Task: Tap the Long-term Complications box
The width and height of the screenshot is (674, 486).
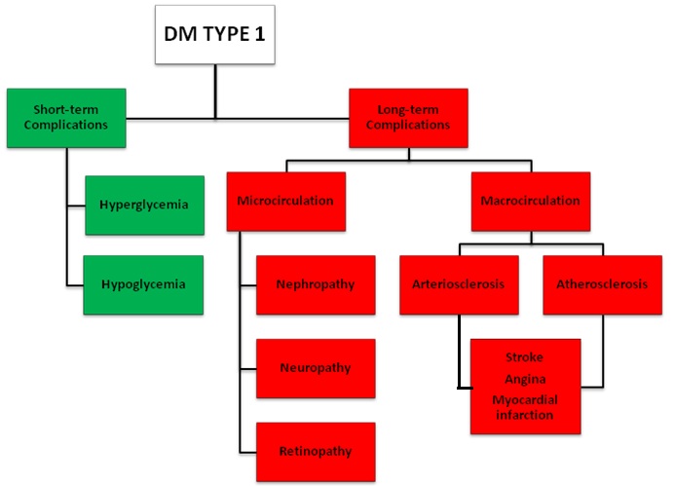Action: point(408,117)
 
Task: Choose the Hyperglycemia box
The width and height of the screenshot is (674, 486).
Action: point(144,206)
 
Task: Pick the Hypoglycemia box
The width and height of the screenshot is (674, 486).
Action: point(144,284)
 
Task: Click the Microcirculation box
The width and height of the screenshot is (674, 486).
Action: point(285,201)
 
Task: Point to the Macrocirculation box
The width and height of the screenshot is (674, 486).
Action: point(530,201)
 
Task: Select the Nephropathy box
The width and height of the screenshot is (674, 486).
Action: point(316,284)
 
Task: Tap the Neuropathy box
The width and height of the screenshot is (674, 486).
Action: point(316,368)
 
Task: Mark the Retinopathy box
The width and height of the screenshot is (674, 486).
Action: point(316,451)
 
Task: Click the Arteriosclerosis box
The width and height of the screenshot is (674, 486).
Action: point(458,284)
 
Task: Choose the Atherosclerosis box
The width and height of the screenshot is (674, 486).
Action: point(602,284)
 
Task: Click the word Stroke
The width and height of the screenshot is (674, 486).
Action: point(524,357)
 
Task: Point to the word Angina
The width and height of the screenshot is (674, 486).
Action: point(524,379)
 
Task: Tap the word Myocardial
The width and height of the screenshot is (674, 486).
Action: point(524,399)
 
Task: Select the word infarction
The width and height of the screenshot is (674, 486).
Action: point(524,415)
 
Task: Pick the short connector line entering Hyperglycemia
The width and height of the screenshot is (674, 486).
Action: point(75,206)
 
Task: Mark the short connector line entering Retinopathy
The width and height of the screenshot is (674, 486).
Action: point(247,451)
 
